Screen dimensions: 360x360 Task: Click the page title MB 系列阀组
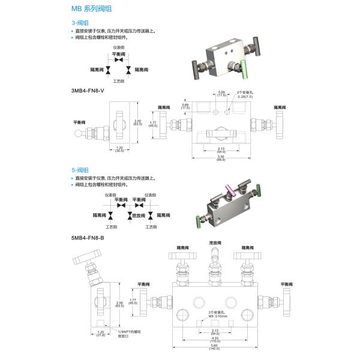coord(91,10)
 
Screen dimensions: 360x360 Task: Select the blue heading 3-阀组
coord(79,22)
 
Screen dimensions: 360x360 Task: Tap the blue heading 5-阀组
coord(79,170)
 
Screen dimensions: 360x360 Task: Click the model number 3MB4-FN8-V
coord(88,90)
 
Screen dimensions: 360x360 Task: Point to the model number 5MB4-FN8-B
coord(88,238)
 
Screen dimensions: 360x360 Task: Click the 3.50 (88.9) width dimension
coord(221,158)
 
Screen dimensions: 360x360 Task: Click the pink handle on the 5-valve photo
coord(229,191)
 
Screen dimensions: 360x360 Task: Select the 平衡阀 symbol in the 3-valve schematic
coord(119,59)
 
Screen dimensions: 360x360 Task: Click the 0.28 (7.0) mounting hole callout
coord(245,96)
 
